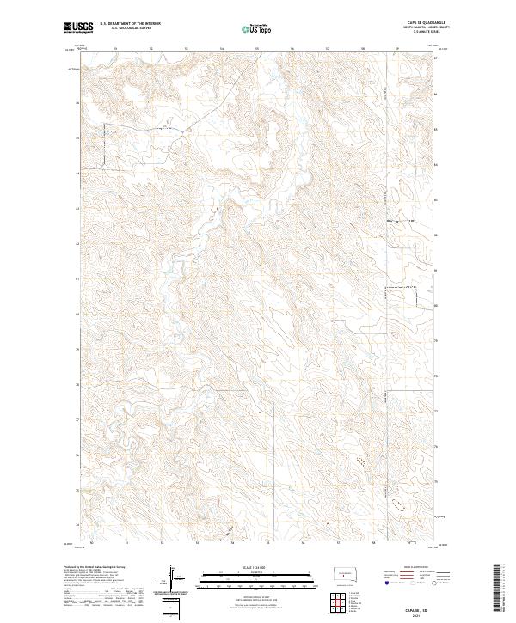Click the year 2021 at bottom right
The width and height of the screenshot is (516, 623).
[x=417, y=614]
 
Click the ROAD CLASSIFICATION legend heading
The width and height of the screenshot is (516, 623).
[x=416, y=568]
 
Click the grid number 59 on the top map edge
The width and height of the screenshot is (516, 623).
[x=396, y=49]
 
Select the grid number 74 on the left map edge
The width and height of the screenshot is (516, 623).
[x=77, y=524]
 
